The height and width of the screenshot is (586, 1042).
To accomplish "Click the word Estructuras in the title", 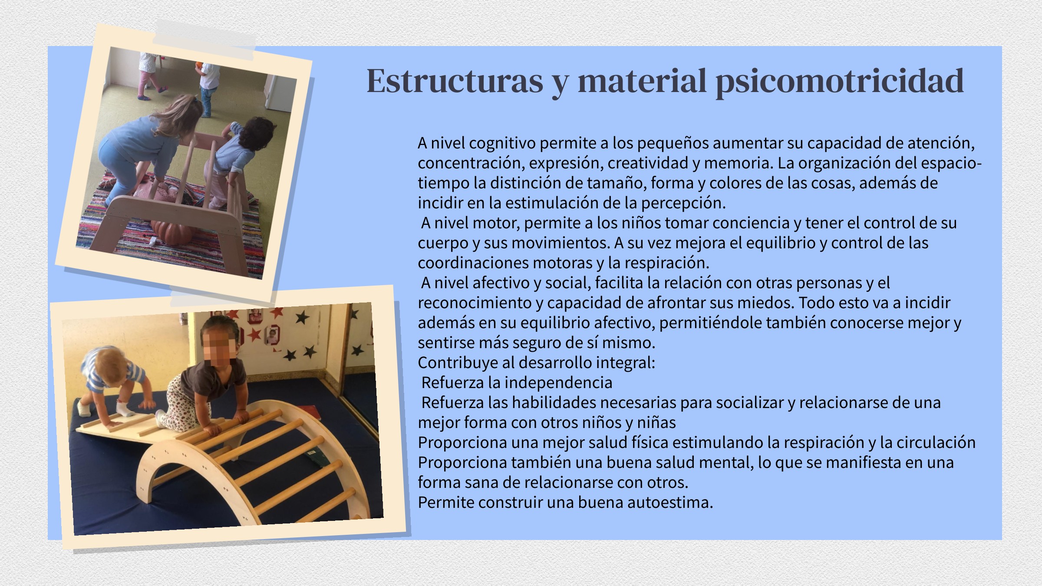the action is [x=455, y=81].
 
